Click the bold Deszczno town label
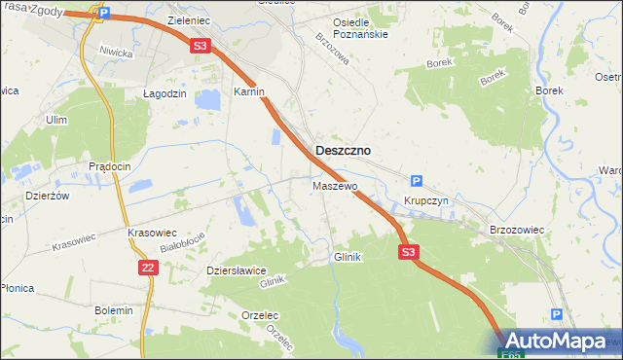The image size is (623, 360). pyautogui.click(x=342, y=151)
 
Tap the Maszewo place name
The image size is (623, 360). pyautogui.click(x=335, y=185)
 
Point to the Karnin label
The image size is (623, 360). pyautogui.click(x=249, y=92)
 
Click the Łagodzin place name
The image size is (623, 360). pyautogui.click(x=164, y=92)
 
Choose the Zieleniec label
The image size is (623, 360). pyautogui.click(x=190, y=19)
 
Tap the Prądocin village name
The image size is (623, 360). pyautogui.click(x=109, y=166)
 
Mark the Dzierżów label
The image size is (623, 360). pyautogui.click(x=47, y=196)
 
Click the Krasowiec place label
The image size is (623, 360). pyautogui.click(x=152, y=234)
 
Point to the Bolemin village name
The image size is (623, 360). pyautogui.click(x=114, y=309)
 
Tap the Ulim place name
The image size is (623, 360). pyautogui.click(x=55, y=120)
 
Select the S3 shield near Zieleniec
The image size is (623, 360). pyautogui.click(x=200, y=45)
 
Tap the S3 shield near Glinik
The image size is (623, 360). pyautogui.click(x=409, y=252)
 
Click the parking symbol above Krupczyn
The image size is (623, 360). pyautogui.click(x=417, y=180)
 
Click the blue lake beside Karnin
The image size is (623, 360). pyautogui.click(x=208, y=99)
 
